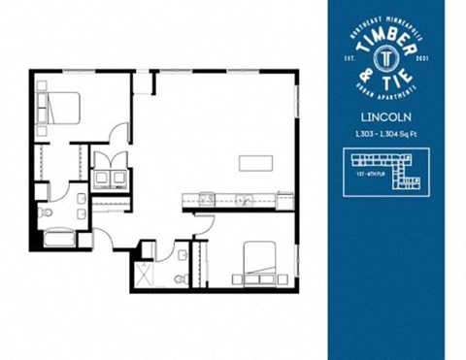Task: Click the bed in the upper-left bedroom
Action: (x=56, y=106)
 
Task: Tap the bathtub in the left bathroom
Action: (x=59, y=238)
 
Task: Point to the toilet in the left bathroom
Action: (x=46, y=210)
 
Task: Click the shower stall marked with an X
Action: (x=145, y=272)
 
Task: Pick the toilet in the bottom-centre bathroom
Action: (x=180, y=278)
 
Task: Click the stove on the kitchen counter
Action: (x=208, y=200)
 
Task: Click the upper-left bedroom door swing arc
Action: (x=119, y=132)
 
